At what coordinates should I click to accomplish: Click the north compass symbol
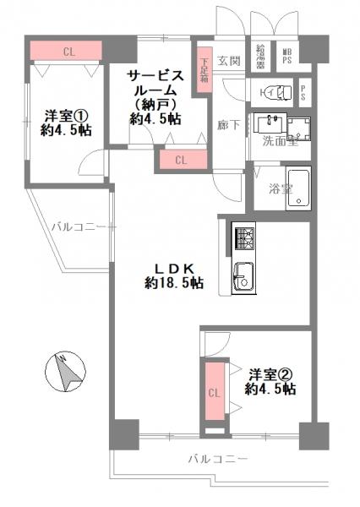(63, 371)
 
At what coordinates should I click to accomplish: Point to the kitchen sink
(244, 277)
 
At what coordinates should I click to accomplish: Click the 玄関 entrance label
(229, 61)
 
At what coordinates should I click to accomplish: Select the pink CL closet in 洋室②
(214, 392)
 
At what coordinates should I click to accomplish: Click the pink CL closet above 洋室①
(67, 52)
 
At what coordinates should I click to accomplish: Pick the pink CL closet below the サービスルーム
(181, 159)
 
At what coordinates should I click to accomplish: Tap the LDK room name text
(173, 270)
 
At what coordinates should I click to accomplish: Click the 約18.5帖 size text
(173, 285)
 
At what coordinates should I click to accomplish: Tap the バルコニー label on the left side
(78, 226)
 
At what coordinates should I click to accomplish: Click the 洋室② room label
(270, 373)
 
